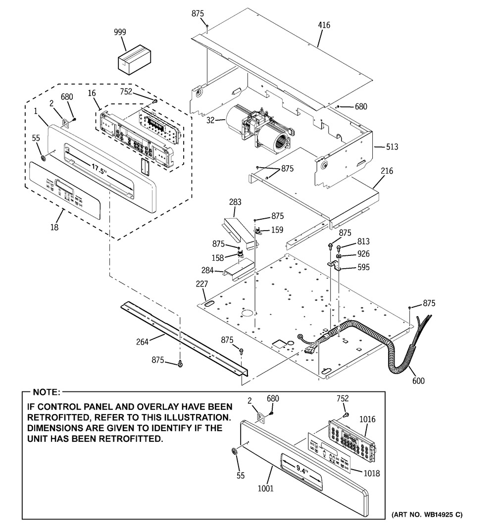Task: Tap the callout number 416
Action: (x=324, y=25)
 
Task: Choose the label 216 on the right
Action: (x=387, y=171)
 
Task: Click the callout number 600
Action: (x=418, y=381)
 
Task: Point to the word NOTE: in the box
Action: (x=46, y=392)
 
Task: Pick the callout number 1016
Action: (x=367, y=420)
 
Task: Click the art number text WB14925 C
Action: (x=428, y=515)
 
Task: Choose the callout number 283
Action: (x=235, y=201)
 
